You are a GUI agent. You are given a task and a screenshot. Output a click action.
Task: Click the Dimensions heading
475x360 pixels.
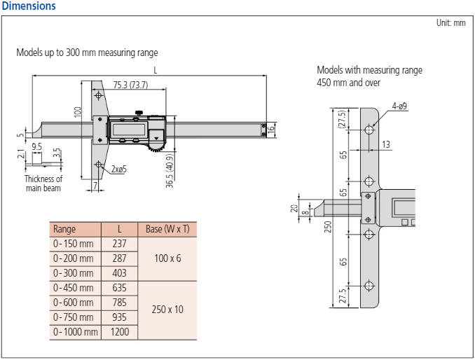[29, 6]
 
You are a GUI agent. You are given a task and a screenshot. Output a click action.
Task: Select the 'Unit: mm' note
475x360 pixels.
[450, 23]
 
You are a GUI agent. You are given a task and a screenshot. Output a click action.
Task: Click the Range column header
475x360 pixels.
[64, 229]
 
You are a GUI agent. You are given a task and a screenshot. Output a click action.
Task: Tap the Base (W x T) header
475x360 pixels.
[167, 229]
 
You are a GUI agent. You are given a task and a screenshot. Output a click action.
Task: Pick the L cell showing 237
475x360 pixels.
[119, 243]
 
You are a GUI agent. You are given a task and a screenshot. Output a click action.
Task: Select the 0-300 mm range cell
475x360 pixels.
[73, 272]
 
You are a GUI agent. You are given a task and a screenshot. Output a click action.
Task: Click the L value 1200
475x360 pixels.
[119, 332]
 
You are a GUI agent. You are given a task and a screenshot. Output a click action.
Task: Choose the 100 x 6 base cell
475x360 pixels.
[167, 258]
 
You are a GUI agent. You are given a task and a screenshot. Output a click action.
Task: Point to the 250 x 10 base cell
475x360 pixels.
[167, 309]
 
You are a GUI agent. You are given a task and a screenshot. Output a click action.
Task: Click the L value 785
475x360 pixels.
[119, 302]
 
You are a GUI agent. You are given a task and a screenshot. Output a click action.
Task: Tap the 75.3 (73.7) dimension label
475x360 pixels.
[130, 85]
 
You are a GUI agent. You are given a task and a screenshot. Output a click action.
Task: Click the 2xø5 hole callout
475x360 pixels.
[118, 169]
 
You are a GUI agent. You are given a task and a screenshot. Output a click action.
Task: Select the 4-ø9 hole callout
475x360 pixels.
[400, 106]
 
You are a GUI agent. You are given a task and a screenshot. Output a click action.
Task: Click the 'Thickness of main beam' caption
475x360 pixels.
[43, 184]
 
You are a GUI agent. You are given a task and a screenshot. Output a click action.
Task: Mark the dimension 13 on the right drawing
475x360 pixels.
[387, 144]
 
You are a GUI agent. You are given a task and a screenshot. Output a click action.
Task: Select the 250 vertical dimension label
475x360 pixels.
[327, 228]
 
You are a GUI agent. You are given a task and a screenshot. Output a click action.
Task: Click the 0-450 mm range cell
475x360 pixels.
[73, 287]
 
